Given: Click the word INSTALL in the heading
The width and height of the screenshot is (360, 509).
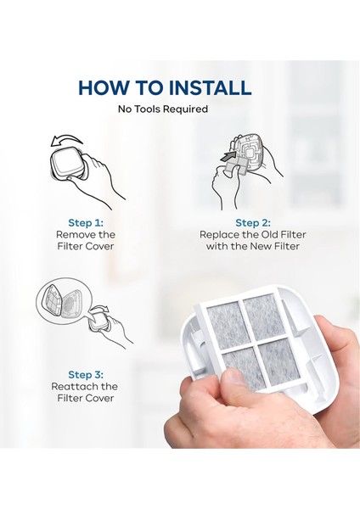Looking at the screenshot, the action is (x=211, y=87).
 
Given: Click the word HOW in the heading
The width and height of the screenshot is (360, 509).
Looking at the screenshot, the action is (x=104, y=87).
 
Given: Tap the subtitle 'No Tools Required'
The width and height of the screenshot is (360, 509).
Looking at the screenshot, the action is (x=163, y=109).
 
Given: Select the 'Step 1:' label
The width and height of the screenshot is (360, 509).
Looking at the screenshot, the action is (x=86, y=223).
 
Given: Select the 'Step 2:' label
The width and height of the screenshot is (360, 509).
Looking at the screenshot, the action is (x=253, y=223).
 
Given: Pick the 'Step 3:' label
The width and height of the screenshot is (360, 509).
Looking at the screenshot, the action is (x=86, y=375).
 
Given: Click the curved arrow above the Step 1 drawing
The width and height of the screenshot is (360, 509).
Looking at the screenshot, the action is (x=66, y=141).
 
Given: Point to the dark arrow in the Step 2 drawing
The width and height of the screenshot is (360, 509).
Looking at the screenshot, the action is (x=228, y=156).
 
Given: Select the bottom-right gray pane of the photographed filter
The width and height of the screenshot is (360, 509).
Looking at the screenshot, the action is (x=278, y=360).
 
